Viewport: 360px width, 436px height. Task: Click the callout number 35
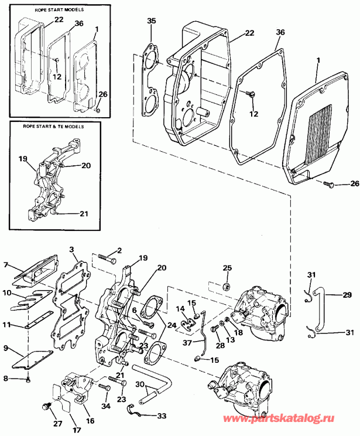(x=152, y=21)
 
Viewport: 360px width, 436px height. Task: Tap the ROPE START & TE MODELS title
(x=50, y=126)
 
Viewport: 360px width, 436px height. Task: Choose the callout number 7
(x=6, y=265)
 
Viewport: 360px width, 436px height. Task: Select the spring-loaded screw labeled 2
(x=105, y=256)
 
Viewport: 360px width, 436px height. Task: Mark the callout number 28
(x=220, y=346)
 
